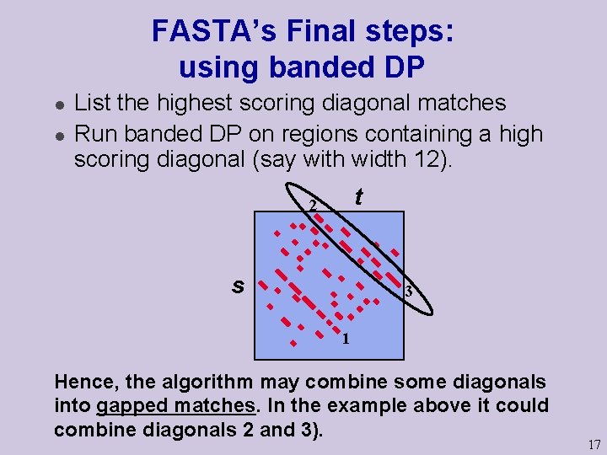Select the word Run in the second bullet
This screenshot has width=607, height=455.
click(x=92, y=133)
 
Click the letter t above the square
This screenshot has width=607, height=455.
click(x=358, y=197)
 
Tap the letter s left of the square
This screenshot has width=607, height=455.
click(x=238, y=286)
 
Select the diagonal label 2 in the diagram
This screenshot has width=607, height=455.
click(x=312, y=206)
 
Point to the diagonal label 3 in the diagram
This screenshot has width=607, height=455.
click(x=408, y=292)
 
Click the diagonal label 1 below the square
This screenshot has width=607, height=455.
click(x=345, y=340)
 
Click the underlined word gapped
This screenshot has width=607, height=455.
click(x=133, y=406)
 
